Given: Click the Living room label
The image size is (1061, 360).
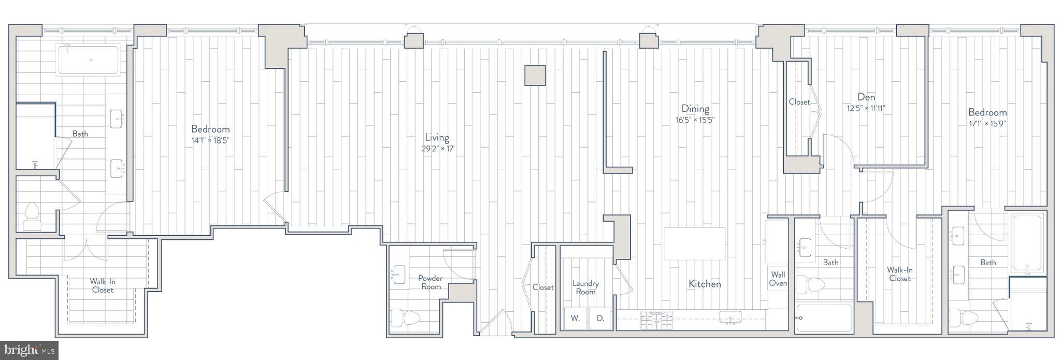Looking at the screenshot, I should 437,137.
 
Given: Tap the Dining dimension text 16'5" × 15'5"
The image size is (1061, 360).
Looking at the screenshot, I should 695,120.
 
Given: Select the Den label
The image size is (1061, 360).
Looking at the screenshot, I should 866,97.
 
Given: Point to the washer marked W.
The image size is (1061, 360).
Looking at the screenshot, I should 575,319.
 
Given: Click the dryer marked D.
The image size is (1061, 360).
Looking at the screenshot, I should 600,319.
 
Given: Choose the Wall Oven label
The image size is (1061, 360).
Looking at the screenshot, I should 778,279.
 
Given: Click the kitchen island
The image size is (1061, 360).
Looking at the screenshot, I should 694,243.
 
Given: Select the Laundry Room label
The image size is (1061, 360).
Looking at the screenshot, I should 585,287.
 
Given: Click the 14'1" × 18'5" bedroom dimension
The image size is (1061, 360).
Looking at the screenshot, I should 210,140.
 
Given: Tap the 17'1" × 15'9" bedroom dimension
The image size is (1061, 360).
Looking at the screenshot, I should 987,124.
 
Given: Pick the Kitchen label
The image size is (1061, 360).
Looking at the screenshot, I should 705,284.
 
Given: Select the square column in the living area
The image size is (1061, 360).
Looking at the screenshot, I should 535,75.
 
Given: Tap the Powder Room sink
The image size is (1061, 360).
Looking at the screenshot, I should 399,274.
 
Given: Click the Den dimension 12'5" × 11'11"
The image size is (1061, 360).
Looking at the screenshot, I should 866,109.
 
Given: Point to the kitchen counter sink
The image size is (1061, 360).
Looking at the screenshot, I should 730,318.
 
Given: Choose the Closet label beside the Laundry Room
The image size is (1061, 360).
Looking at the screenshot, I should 543,287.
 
